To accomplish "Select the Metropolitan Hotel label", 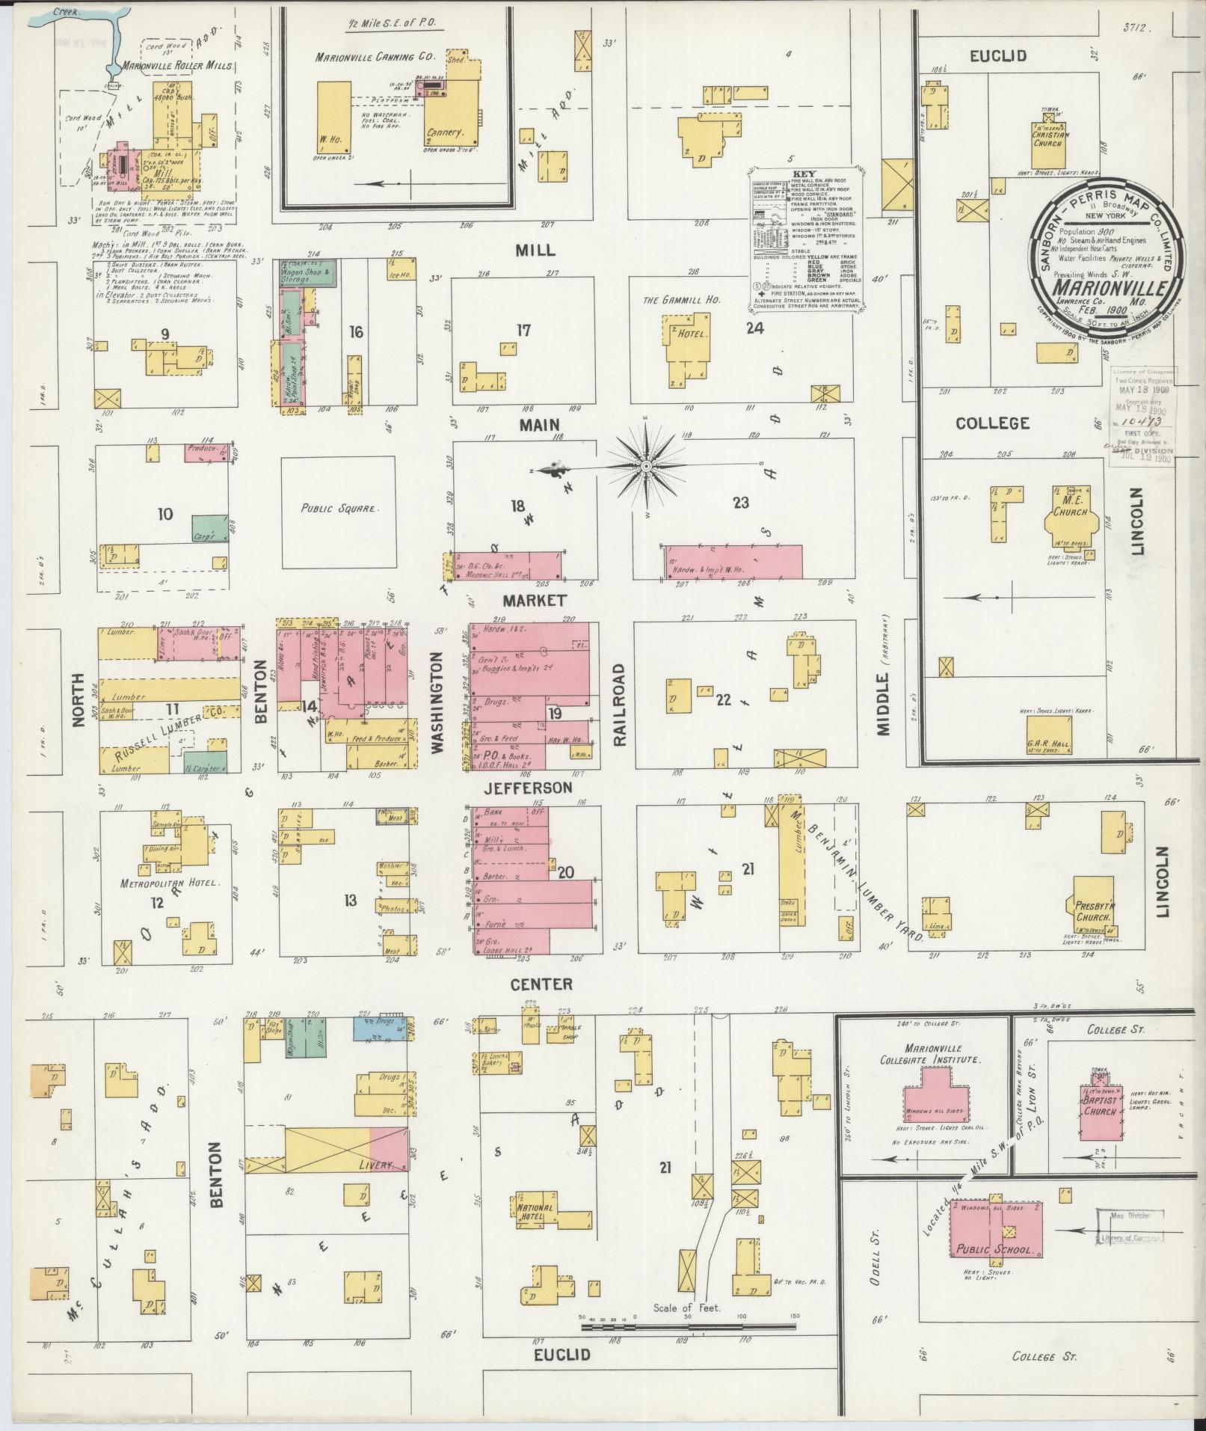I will [x=171, y=883].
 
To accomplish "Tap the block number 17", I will [x=523, y=329].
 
